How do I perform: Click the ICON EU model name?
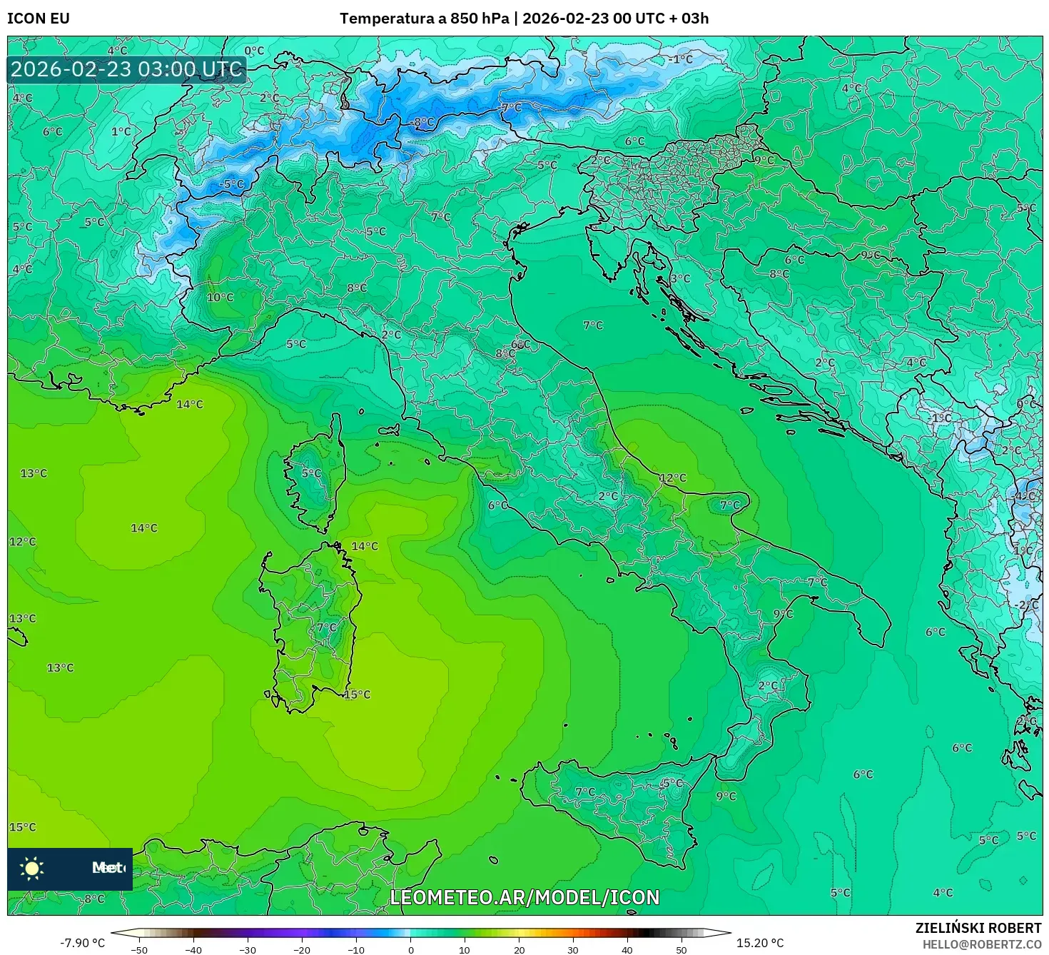pos(39,19)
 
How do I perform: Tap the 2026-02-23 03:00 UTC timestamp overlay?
pos(126,69)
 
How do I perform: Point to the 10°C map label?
pos(220,297)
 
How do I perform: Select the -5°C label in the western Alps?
pos(231,183)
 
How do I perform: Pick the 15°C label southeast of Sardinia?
pos(358,694)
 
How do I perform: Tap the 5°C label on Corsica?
pos(311,473)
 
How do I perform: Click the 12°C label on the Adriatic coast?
pos(672,478)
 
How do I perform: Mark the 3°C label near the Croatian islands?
pos(680,278)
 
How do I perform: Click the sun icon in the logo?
pos(32,868)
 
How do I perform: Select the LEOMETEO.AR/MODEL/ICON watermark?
pos(524,897)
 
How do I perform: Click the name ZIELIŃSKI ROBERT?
pos(978,927)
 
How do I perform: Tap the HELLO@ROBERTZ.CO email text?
pos(981,944)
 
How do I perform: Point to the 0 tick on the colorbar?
pos(410,949)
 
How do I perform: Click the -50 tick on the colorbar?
pos(139,949)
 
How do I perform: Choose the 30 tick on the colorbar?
pos(573,949)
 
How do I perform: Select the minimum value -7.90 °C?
pos(82,943)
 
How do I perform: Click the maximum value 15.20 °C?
pos(759,943)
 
